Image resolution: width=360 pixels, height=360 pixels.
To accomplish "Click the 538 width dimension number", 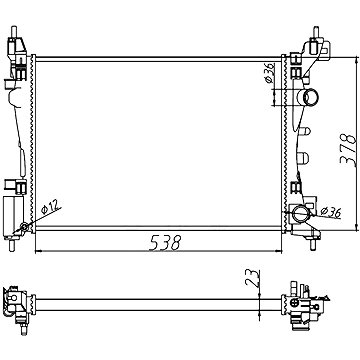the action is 165,243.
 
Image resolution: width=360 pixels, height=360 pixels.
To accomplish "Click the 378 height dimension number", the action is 348,150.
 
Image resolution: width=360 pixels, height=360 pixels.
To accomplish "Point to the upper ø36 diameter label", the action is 269,73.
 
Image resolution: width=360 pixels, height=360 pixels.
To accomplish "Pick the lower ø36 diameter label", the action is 330,212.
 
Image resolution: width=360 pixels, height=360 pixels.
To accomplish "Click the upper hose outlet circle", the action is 311,97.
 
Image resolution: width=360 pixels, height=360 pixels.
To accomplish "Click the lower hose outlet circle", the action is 300,214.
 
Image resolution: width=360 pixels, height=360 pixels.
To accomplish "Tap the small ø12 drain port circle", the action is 24,227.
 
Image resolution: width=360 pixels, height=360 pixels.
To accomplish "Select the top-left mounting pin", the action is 14,32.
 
